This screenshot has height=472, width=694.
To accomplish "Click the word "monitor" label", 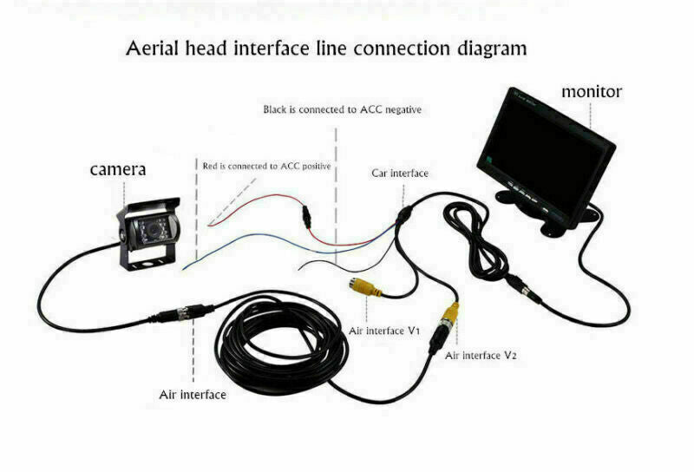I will pos(592,91).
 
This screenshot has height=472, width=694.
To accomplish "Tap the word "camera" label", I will pos(118,169).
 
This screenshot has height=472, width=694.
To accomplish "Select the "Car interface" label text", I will pos(400,174).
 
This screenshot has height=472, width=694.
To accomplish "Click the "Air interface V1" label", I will pos(384,331).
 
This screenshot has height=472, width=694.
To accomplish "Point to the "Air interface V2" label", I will pos(481,356).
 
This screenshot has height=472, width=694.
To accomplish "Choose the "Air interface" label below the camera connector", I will pos(193,395).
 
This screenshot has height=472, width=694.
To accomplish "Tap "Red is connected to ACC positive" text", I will pos(266,165).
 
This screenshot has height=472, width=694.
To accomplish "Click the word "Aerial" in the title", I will pos(154,49).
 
